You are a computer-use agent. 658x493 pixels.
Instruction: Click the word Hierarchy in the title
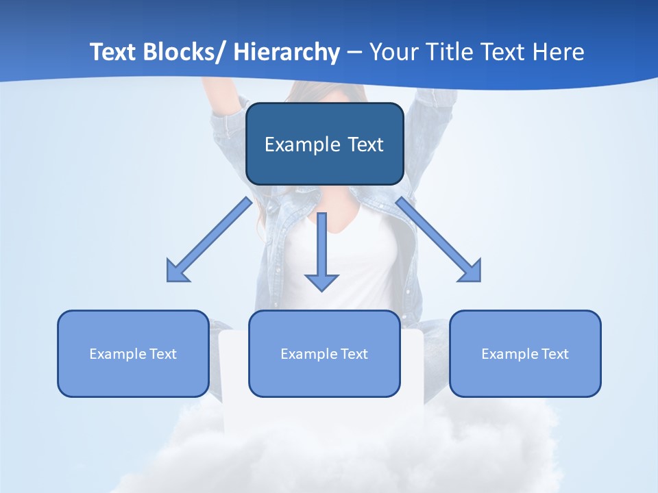pos(287,53)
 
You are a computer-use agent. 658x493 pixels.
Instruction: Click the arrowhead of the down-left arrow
pos(176,272)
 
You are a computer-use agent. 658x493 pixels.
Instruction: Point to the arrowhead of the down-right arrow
pos(471,272)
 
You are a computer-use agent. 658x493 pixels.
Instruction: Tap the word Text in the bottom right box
pos(555,354)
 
